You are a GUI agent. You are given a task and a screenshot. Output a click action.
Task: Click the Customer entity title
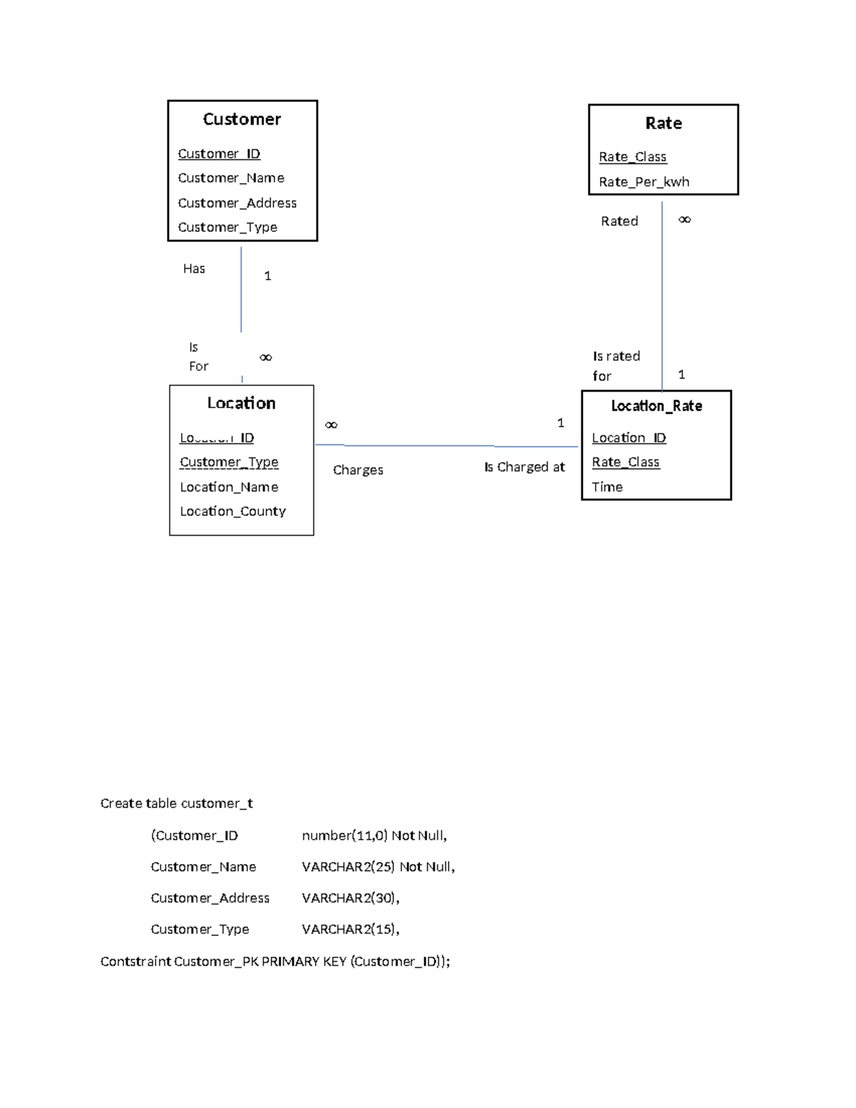[242, 119]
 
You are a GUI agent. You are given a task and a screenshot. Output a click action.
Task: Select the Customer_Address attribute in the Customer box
[237, 203]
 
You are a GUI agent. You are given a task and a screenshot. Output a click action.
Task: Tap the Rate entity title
[663, 123]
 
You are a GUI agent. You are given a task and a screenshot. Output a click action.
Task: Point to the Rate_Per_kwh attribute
[644, 182]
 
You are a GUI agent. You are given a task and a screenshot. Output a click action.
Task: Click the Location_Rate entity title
[656, 406]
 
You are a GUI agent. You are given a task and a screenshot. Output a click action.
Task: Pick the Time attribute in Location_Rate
[607, 487]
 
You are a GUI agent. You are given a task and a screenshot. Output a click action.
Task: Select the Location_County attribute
[233, 512]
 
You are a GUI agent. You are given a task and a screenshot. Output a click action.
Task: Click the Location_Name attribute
[229, 487]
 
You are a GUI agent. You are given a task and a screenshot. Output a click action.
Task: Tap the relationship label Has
[194, 269]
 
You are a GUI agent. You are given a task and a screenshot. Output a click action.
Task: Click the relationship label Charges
[358, 470]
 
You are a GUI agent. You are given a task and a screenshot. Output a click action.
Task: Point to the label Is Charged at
[524, 467]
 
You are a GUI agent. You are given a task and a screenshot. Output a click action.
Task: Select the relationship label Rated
[619, 221]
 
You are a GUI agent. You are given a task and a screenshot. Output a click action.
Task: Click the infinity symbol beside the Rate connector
[685, 220]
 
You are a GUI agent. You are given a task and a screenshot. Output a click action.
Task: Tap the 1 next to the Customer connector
[267, 276]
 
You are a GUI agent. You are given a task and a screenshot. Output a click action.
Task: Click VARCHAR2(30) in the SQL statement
[350, 898]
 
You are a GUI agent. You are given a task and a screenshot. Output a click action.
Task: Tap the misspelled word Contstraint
[136, 962]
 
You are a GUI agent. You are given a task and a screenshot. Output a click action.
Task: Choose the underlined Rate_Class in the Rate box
[633, 157]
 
